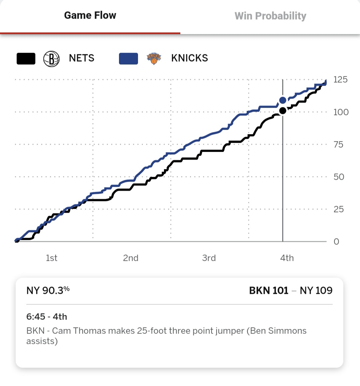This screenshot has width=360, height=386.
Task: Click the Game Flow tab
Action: coord(90,15)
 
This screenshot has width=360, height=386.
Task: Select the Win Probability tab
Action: coord(270,16)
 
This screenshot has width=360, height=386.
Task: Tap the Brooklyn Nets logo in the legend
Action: coord(51,59)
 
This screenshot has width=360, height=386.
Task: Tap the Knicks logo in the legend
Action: coord(154,59)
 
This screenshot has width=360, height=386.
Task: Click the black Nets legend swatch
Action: coord(26,59)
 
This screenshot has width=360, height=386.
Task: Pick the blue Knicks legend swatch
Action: coord(128,59)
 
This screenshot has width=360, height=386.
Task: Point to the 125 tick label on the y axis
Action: coord(340,79)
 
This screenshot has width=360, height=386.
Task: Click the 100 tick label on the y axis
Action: coord(341,112)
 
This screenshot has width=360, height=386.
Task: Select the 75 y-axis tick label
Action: coord(338,144)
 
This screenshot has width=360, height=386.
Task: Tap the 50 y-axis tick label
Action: coord(339,177)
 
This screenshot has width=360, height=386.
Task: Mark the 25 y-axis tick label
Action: coord(339,209)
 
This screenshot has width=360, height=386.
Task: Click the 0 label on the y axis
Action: coord(336,242)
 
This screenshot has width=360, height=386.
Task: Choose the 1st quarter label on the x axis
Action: coord(52,258)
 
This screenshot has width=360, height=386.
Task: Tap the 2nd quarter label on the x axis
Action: coord(131,258)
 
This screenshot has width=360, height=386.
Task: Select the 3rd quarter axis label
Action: coord(209,258)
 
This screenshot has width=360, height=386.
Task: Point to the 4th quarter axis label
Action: coord(287,258)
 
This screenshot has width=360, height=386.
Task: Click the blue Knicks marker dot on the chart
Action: coord(283,100)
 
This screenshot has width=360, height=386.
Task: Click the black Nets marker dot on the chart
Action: coord(283,111)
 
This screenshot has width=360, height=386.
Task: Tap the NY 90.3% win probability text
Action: coord(48,291)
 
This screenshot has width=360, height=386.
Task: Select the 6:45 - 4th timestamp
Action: coord(47,317)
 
